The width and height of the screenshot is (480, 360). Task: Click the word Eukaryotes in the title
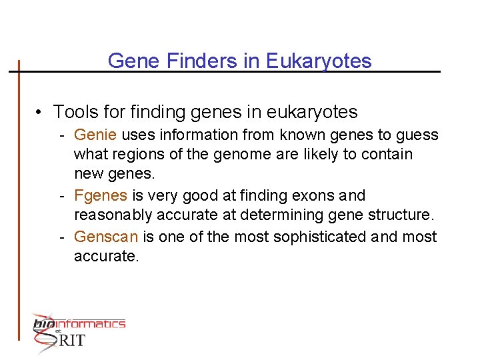(319, 62)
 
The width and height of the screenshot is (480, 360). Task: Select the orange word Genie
(95, 135)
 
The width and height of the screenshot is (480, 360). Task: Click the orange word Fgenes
(100, 196)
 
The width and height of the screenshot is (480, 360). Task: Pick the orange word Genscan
(106, 237)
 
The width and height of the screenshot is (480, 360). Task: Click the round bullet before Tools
(41, 112)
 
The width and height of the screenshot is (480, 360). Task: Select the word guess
(417, 135)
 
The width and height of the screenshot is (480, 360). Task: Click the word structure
(401, 215)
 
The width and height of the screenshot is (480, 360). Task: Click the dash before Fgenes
(61, 196)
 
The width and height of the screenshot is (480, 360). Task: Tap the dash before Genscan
(61, 237)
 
